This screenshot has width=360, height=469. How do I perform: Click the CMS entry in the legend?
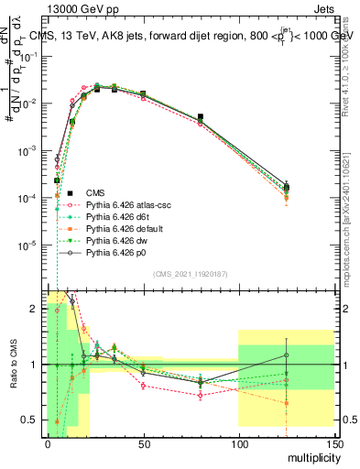(96, 192)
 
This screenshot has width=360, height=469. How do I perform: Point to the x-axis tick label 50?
(143, 442)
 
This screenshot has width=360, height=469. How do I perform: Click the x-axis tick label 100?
(238, 442)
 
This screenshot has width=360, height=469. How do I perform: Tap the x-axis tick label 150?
(334, 442)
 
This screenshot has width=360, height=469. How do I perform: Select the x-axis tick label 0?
(48, 442)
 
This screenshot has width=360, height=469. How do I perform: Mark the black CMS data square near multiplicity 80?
(201, 117)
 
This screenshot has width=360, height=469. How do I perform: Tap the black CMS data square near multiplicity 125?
(287, 187)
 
